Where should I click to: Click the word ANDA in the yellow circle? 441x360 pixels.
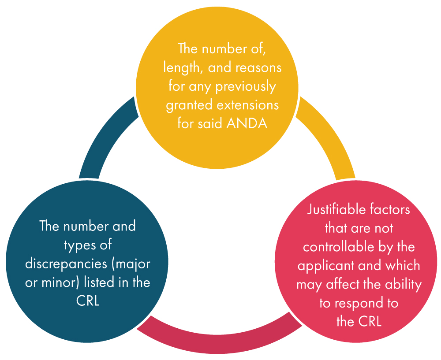[x=247, y=124]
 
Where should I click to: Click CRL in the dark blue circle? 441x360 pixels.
[x=88, y=301]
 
